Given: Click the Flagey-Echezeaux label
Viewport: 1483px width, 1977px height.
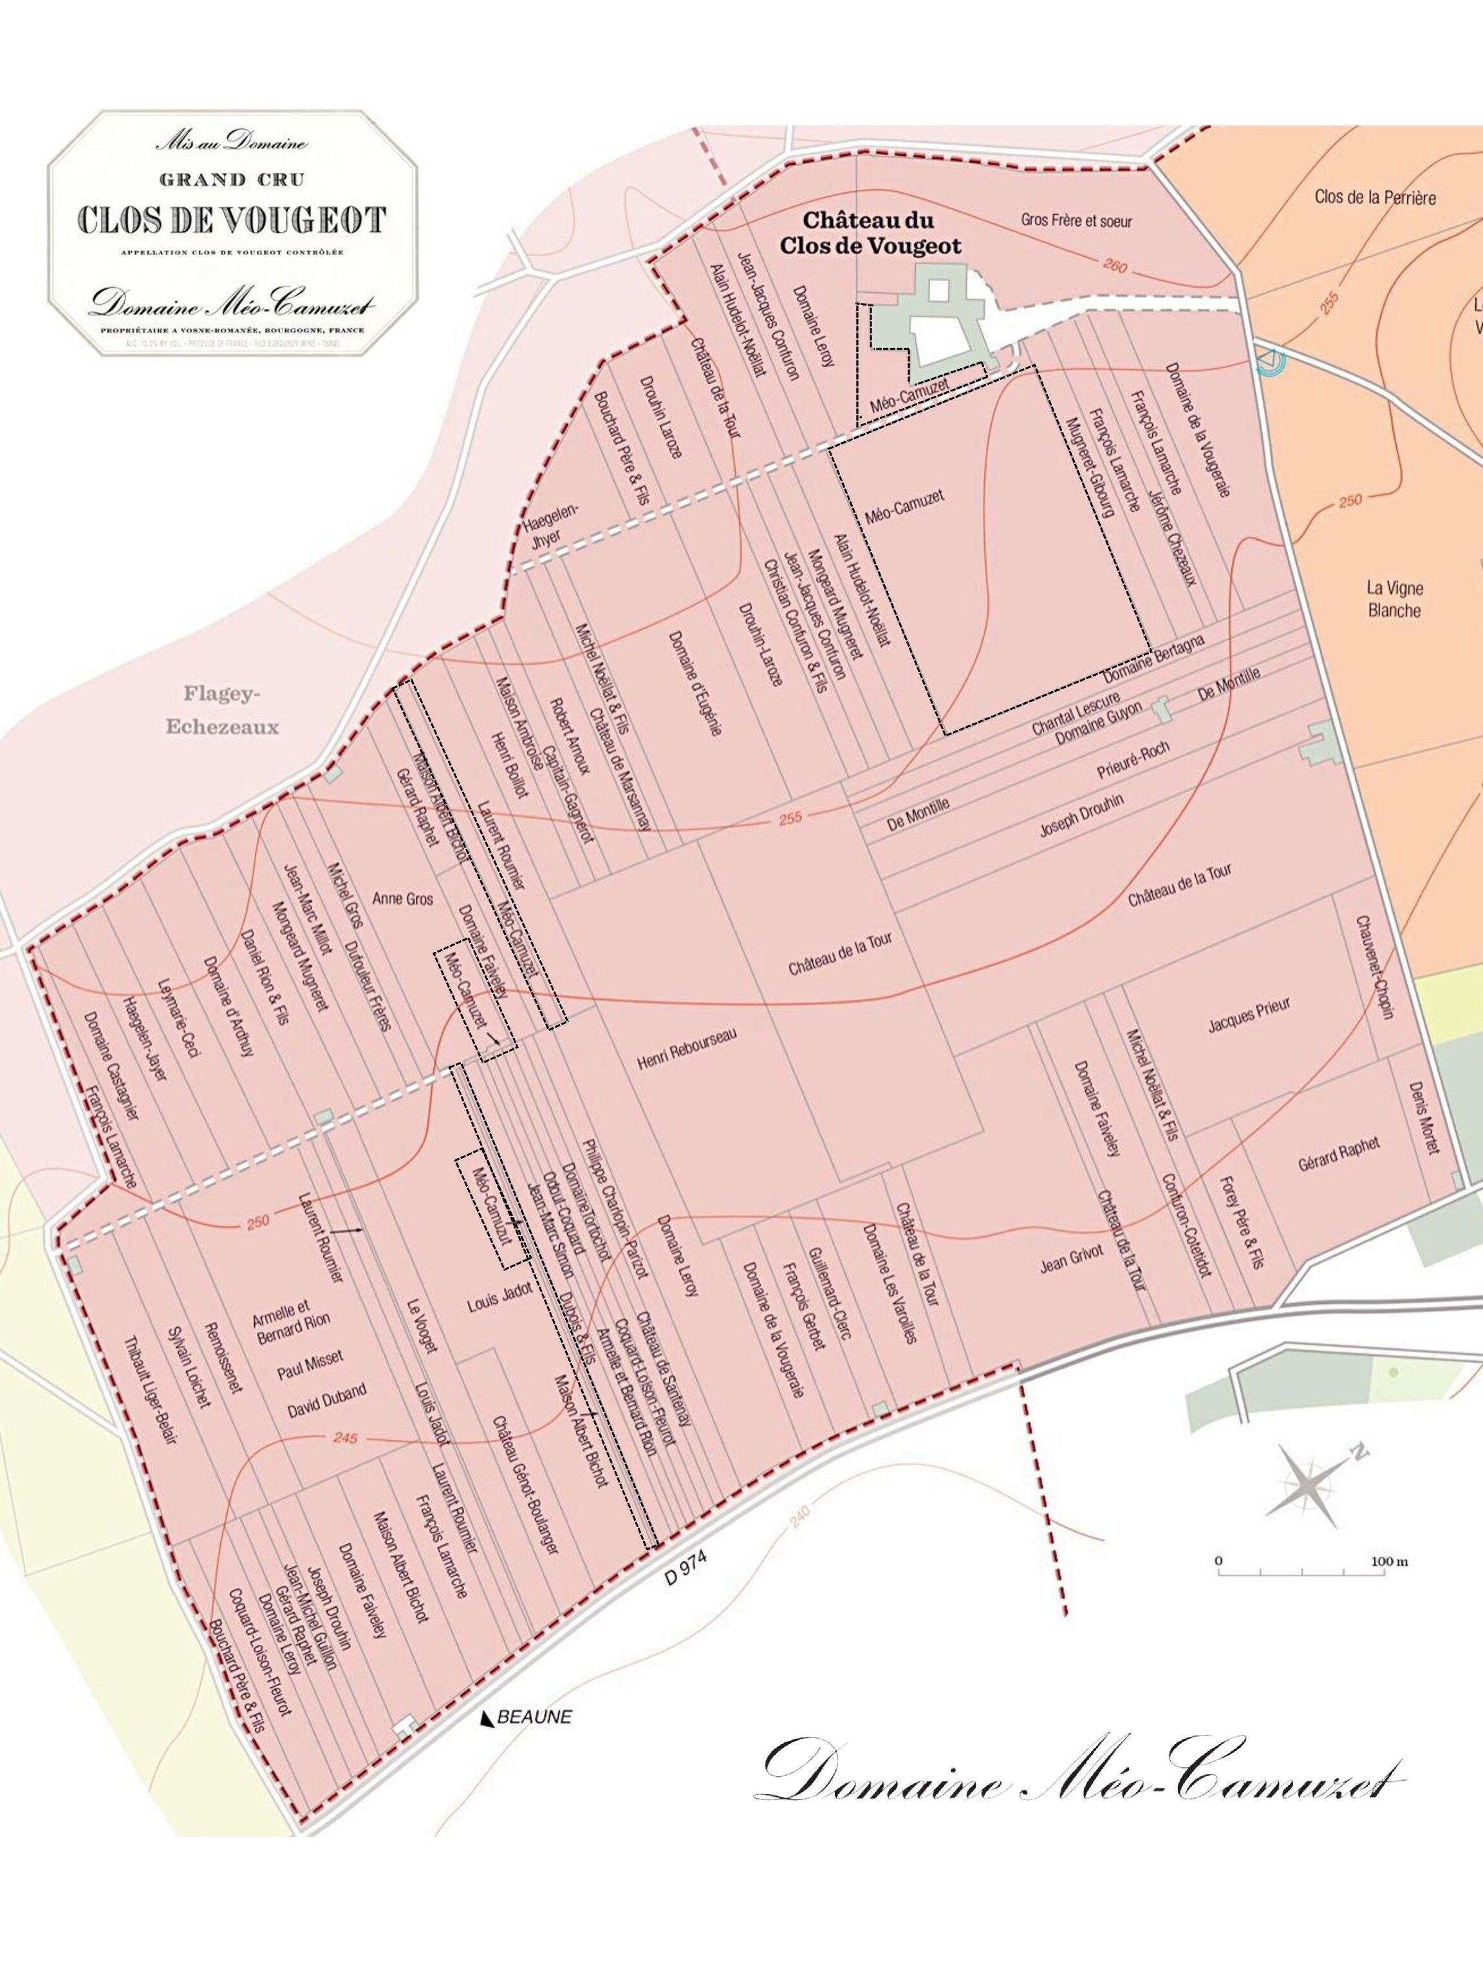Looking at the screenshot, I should point(221,710).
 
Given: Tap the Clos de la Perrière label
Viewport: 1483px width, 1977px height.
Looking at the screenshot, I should point(1375,197).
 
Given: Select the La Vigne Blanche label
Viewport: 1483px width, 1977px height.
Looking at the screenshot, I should point(1394,599).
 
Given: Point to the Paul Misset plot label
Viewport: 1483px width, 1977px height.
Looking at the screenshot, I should point(310,1366).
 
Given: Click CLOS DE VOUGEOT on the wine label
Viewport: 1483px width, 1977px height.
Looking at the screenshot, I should point(232,221).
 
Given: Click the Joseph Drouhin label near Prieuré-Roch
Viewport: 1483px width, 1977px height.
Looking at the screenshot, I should point(1081,814).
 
